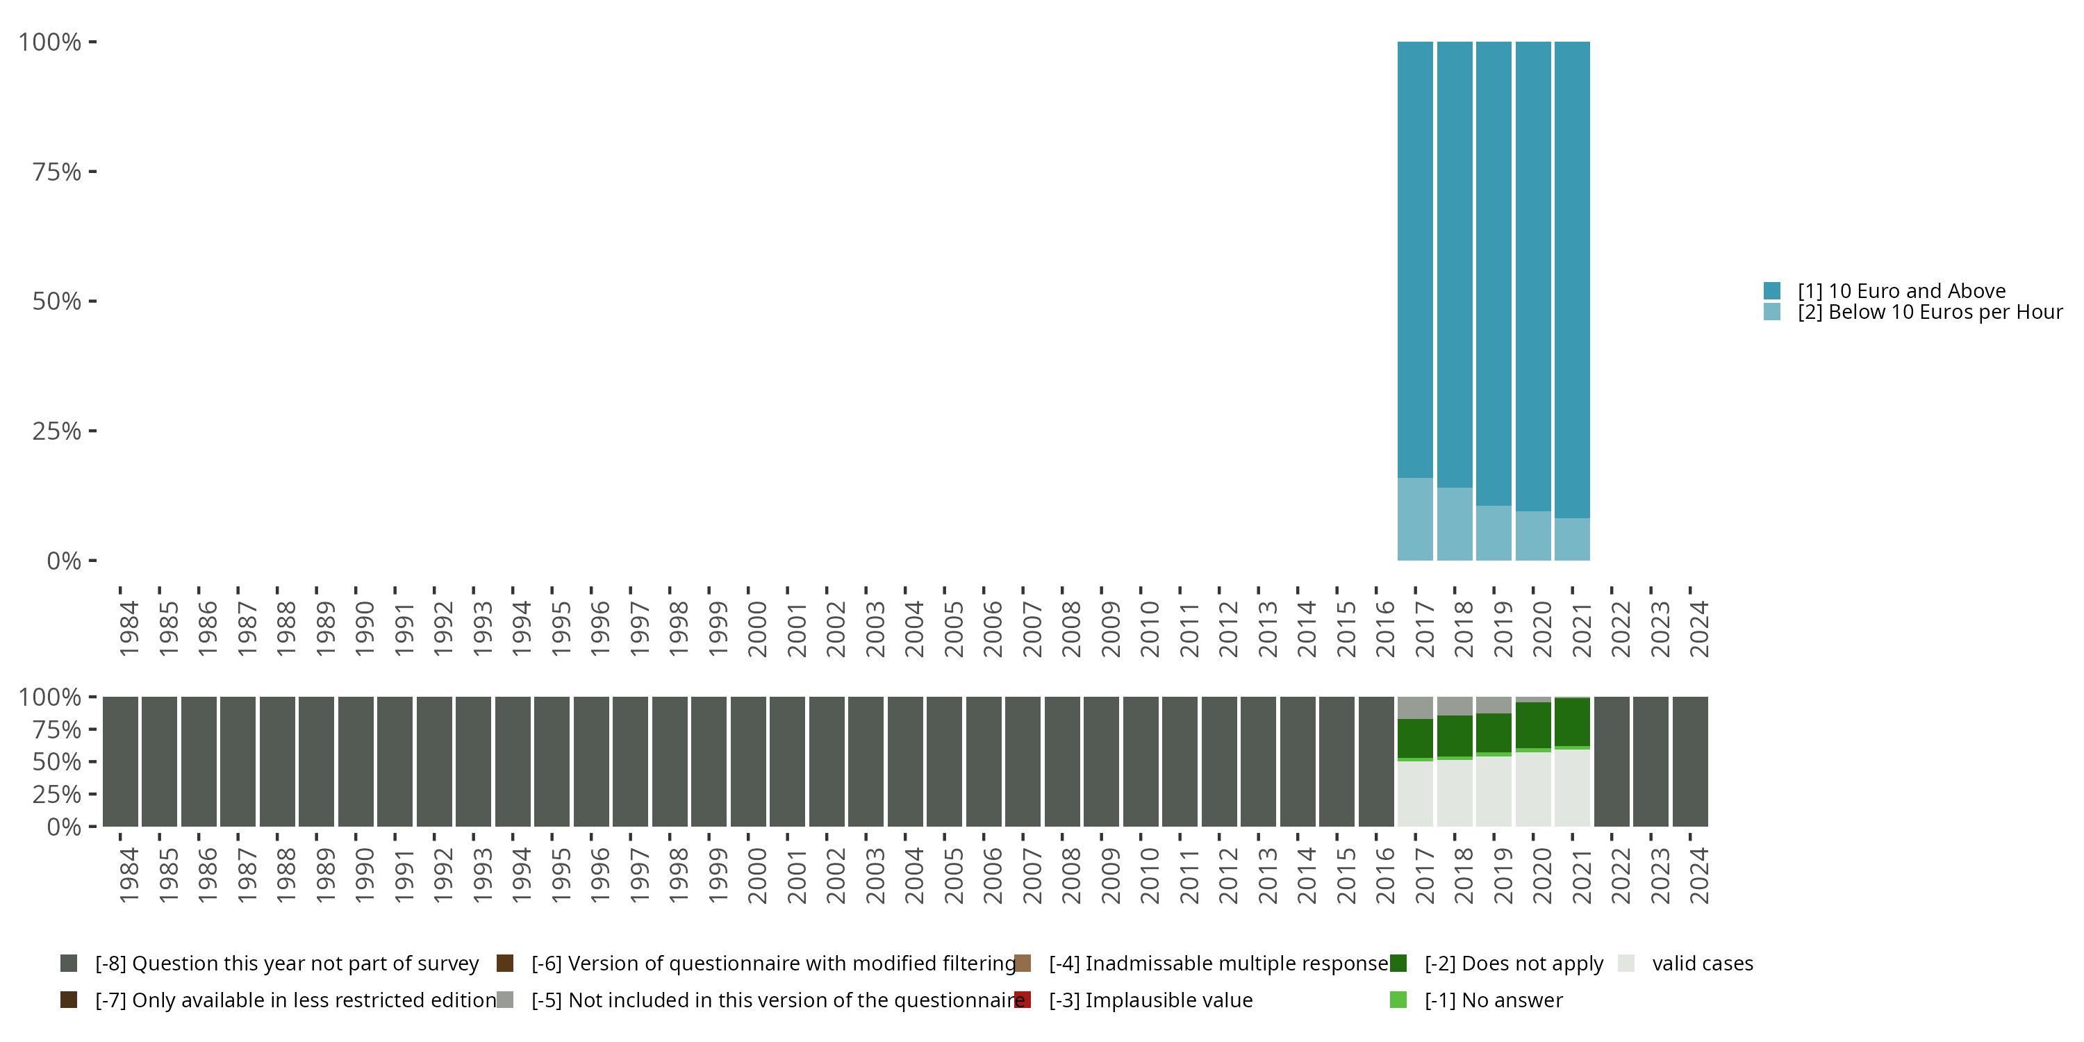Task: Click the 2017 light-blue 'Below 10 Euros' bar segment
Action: (x=1415, y=519)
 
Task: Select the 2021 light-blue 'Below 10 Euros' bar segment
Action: (x=1572, y=539)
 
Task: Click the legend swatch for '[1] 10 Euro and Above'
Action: (x=1771, y=290)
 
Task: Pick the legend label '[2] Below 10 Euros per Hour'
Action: (x=1930, y=313)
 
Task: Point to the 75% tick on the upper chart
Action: (x=92, y=172)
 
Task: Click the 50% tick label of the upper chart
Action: (x=57, y=301)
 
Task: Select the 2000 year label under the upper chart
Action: (x=757, y=629)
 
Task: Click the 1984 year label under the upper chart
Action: (x=129, y=629)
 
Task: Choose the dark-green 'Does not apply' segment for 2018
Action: (x=1455, y=736)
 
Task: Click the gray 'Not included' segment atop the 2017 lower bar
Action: (x=1415, y=707)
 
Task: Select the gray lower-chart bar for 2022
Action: (x=1612, y=761)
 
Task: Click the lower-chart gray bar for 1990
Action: (x=356, y=761)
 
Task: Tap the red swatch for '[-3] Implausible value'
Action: (x=1023, y=1000)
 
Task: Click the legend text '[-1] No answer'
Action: (x=1494, y=1000)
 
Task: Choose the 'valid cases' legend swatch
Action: (x=1626, y=964)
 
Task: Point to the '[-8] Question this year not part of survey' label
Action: (x=287, y=964)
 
